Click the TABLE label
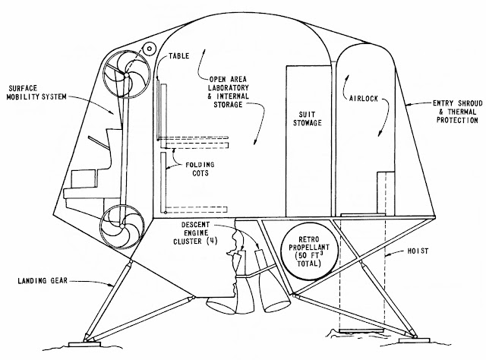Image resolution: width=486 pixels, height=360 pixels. (179, 55)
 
